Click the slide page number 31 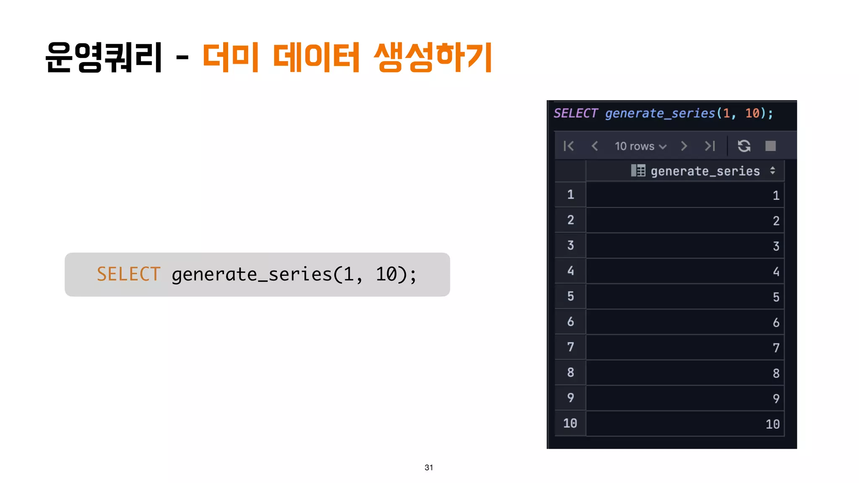click(x=429, y=467)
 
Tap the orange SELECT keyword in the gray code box click(x=128, y=274)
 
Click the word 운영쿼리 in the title click(x=104, y=57)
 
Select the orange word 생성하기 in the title click(x=433, y=57)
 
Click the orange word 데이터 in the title click(x=316, y=57)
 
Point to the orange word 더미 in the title click(x=230, y=57)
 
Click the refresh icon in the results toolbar click(x=744, y=146)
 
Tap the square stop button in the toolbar click(x=770, y=146)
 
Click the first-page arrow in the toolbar click(x=569, y=146)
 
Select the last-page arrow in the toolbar click(x=710, y=146)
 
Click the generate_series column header click(x=705, y=171)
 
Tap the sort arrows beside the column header click(x=773, y=171)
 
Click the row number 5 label click(x=570, y=296)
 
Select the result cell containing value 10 click(x=685, y=424)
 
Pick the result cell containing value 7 click(x=685, y=348)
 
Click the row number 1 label click(x=570, y=195)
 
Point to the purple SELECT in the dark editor click(x=575, y=113)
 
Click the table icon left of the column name click(x=638, y=171)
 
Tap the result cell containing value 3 click(x=685, y=246)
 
